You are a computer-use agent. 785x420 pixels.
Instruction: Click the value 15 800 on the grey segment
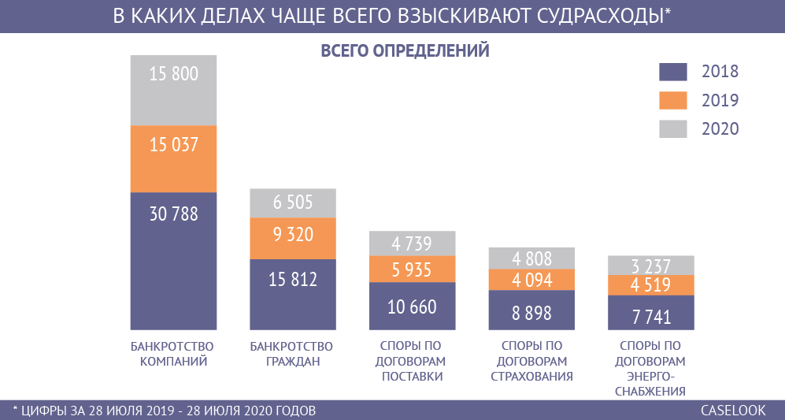tap(172, 75)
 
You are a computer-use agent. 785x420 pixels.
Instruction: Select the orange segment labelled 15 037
tap(172, 145)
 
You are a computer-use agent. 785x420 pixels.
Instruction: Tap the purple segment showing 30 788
tap(172, 214)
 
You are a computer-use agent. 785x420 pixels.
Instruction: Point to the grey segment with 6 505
tap(292, 203)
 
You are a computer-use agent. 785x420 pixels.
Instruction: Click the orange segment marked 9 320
tap(292, 234)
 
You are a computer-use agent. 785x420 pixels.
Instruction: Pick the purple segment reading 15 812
tap(292, 279)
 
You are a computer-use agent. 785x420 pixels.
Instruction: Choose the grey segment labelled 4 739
tap(413, 243)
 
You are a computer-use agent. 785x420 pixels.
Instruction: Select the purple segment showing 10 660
tap(413, 306)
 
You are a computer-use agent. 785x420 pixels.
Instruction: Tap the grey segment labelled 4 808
tap(532, 258)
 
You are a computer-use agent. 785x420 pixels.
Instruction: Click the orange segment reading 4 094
tap(532, 280)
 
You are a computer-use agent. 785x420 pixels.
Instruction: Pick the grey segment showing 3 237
tap(651, 265)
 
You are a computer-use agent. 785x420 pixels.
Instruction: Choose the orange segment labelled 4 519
tap(651, 285)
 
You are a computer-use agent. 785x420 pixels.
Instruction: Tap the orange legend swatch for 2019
tap(673, 100)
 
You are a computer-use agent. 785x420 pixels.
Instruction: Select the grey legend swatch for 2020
tap(673, 128)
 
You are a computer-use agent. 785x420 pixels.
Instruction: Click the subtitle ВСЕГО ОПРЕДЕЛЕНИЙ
tap(405, 51)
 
